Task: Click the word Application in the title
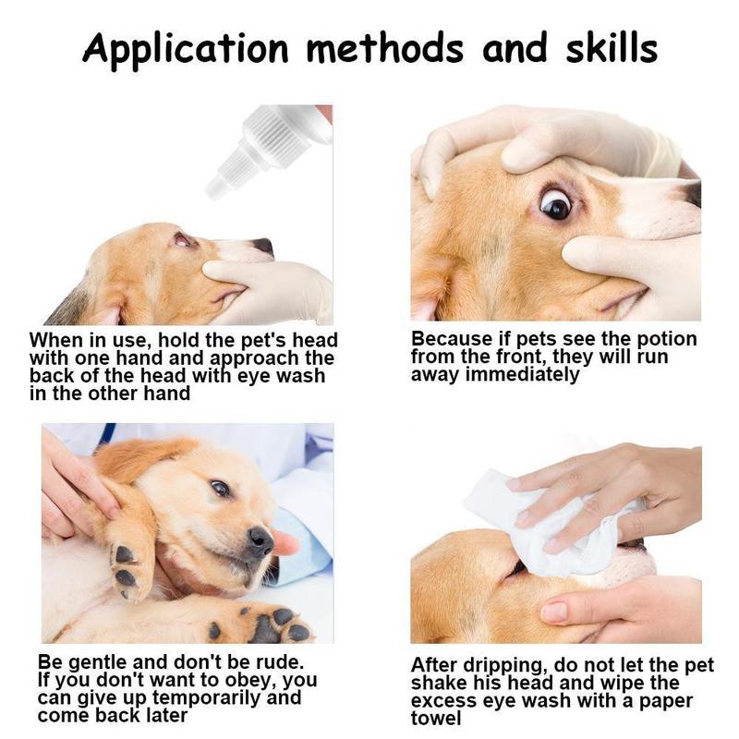(186, 49)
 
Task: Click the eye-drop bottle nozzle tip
(214, 188)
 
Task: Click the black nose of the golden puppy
(260, 541)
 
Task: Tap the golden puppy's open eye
(221, 489)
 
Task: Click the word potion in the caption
(666, 339)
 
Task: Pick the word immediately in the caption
(522, 375)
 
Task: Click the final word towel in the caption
(436, 719)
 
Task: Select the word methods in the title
(385, 48)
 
